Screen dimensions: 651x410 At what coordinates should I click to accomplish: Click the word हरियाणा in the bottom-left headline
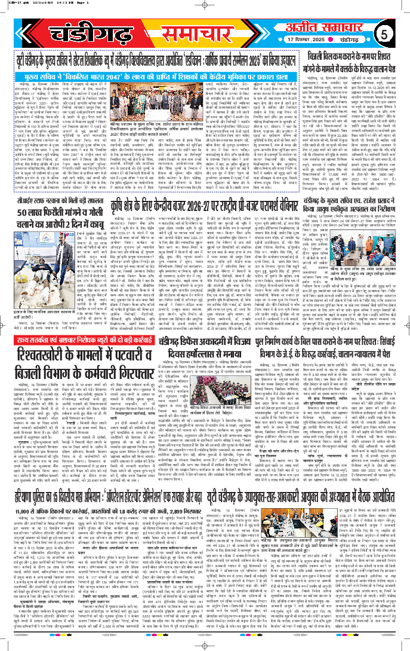(x=23, y=512)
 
